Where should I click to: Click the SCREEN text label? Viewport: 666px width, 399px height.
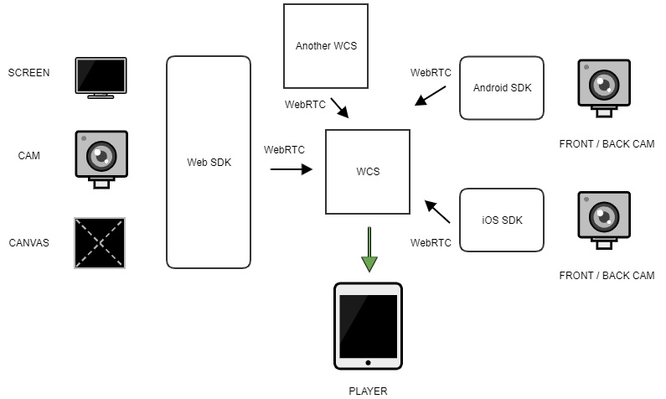(28, 72)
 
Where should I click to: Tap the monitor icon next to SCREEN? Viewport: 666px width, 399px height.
(101, 77)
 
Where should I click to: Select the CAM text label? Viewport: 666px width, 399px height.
(29, 155)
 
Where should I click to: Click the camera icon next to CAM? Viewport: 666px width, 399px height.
(101, 158)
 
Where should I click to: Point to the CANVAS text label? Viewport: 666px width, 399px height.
(28, 243)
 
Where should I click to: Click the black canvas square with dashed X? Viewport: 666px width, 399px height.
(100, 243)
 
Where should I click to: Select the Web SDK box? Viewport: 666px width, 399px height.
(209, 162)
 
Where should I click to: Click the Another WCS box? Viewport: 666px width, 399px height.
(325, 45)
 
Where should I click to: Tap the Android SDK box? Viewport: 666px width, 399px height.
(502, 87)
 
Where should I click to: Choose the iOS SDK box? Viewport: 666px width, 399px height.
(502, 220)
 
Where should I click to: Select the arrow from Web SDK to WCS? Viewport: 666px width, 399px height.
(291, 168)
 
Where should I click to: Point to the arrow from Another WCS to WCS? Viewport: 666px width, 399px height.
(340, 108)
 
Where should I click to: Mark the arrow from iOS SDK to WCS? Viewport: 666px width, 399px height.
(437, 211)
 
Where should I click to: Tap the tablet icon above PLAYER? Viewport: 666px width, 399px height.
(368, 326)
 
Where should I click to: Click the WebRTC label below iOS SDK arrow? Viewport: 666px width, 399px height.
(431, 243)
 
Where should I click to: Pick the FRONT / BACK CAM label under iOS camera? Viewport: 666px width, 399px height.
(606, 276)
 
